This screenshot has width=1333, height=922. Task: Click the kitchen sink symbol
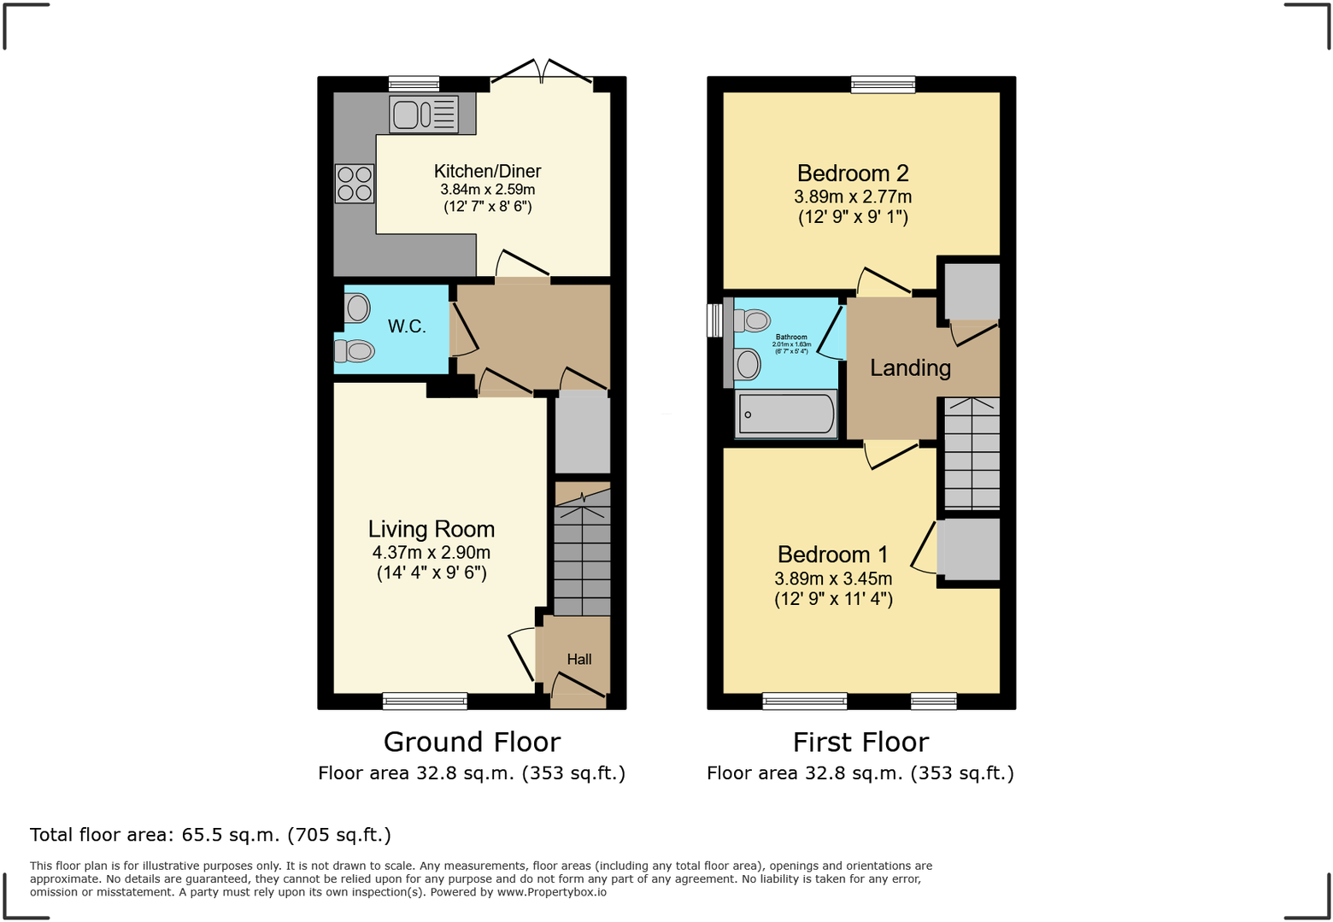click(x=423, y=115)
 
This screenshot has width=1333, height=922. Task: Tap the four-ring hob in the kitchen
click(x=355, y=183)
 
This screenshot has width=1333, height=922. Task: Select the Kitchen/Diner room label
click(x=487, y=171)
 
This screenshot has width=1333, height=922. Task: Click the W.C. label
click(x=407, y=326)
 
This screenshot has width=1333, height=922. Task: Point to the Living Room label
click(x=432, y=529)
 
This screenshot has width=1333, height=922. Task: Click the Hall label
click(x=579, y=659)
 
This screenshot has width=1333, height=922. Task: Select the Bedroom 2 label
click(x=853, y=173)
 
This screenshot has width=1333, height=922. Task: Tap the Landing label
click(x=910, y=367)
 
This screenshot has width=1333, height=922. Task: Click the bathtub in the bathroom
click(x=786, y=414)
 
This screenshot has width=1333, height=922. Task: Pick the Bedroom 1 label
click(x=833, y=555)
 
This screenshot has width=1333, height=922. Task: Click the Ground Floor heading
click(x=472, y=742)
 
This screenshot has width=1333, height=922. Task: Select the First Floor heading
click(x=860, y=742)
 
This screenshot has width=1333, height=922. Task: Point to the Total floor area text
click(x=210, y=835)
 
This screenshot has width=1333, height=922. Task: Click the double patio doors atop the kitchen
click(x=541, y=74)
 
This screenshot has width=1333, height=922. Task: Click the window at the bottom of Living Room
click(x=425, y=701)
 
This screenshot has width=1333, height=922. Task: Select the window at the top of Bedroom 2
click(x=883, y=84)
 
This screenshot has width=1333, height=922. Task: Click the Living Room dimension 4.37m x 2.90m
click(x=432, y=552)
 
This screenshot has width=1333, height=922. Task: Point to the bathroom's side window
click(x=714, y=320)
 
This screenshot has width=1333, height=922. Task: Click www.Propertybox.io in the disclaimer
click(x=552, y=892)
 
